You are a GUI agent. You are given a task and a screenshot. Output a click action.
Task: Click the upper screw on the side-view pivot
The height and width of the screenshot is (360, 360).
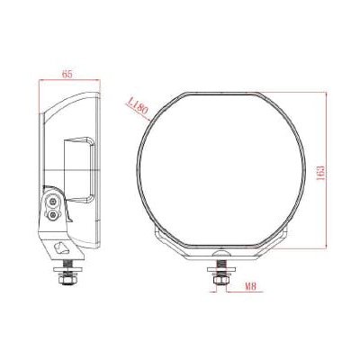(x=56, y=203)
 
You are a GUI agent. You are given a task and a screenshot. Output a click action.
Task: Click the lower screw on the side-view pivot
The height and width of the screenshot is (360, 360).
(x=57, y=217)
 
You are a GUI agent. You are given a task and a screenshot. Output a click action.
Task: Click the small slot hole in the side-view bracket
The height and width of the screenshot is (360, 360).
(x=62, y=247)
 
